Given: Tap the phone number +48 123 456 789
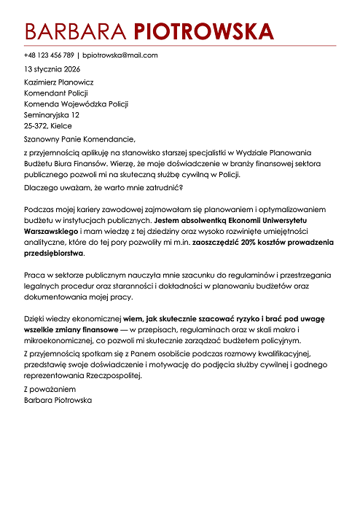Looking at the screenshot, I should coord(49,55).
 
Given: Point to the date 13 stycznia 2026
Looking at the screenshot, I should coord(52,69).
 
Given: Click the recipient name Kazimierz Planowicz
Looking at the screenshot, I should coord(59,83).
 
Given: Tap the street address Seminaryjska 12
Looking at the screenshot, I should coord(52,115).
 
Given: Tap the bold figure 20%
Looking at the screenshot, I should coord(251,243).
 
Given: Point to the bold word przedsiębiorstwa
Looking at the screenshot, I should coord(54,254).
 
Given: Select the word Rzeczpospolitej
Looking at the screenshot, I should coord(109,375).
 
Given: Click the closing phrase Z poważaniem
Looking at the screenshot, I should coord(47,390).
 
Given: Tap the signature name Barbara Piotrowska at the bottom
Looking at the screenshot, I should coord(58,400).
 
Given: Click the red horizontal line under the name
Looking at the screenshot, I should coord(180,45).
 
